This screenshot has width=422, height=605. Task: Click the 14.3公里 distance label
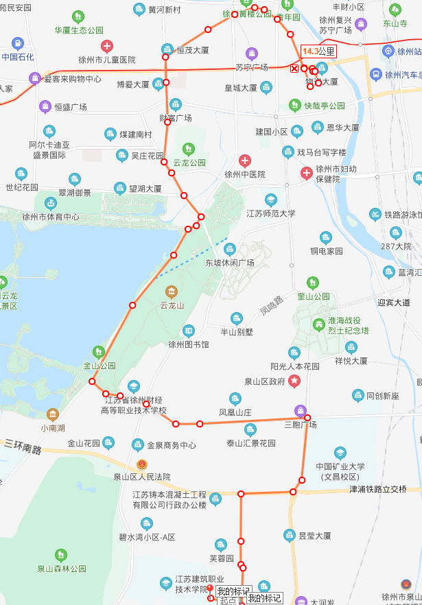click(x=318, y=51)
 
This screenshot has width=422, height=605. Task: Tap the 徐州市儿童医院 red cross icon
click(x=107, y=47)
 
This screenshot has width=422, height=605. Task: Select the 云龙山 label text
click(x=172, y=305)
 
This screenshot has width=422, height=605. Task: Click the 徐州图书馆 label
click(x=189, y=344)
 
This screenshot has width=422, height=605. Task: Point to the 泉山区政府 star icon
click(x=294, y=380)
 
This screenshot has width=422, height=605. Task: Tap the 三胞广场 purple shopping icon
click(x=300, y=411)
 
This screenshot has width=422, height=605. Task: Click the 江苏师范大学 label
click(x=271, y=213)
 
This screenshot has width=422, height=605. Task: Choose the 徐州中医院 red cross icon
click(x=245, y=161)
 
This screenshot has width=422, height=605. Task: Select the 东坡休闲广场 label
click(x=230, y=263)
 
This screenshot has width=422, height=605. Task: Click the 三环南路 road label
click(x=23, y=447)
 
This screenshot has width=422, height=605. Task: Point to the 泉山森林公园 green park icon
click(x=61, y=555)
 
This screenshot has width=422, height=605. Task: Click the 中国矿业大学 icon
click(x=340, y=453)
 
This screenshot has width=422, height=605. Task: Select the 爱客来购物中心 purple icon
click(x=34, y=79)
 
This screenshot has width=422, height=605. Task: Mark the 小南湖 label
click(x=53, y=428)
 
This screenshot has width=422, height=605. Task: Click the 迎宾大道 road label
click(x=394, y=302)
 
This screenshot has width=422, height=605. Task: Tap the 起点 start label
click(x=228, y=600)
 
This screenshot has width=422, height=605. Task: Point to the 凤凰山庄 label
click(x=235, y=412)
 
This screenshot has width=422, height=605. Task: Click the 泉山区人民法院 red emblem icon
click(x=142, y=464)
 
